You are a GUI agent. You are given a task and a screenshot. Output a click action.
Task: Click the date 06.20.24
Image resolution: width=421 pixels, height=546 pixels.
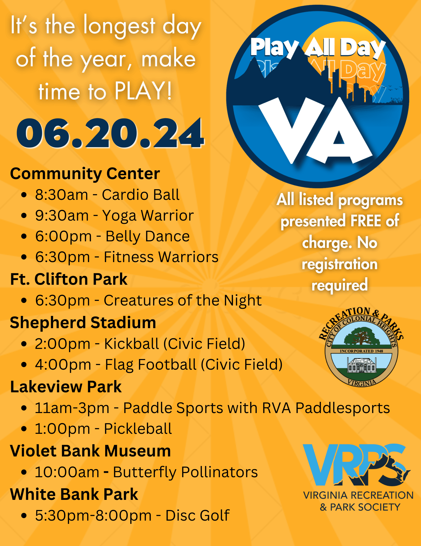point(110,133)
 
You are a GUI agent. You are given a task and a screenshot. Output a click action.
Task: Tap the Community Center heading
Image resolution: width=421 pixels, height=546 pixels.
point(85,174)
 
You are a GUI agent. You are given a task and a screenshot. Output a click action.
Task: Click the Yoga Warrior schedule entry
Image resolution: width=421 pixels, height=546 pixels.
point(114,216)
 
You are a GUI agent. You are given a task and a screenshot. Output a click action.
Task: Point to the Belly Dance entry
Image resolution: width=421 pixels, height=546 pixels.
point(112,236)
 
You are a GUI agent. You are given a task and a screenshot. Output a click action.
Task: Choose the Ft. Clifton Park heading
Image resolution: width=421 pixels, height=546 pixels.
point(69,279)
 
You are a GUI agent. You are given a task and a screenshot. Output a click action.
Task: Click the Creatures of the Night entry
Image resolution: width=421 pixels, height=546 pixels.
point(149,301)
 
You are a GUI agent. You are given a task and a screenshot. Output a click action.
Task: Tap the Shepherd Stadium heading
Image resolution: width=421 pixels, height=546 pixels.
point(83,322)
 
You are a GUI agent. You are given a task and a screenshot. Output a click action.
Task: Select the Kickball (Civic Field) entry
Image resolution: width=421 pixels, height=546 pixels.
point(140,344)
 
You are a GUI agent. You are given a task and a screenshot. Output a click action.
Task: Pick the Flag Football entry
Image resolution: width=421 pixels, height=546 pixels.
point(159,365)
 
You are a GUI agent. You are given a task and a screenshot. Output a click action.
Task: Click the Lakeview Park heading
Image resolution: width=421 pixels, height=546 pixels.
point(66,387)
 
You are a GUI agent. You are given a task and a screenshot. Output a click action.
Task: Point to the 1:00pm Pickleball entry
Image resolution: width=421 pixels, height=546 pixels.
point(104,429)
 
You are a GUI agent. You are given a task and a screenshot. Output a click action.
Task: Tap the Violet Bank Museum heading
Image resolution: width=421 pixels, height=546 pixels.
point(90,451)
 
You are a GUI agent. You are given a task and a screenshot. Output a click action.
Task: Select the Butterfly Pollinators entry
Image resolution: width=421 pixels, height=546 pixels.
point(146,472)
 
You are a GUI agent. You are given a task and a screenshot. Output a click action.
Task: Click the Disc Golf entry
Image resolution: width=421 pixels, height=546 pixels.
point(132,515)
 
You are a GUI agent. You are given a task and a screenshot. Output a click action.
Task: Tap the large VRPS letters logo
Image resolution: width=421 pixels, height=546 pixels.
point(356,465)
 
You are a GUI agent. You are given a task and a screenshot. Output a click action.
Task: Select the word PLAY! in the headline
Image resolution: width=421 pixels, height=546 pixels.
point(143,91)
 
